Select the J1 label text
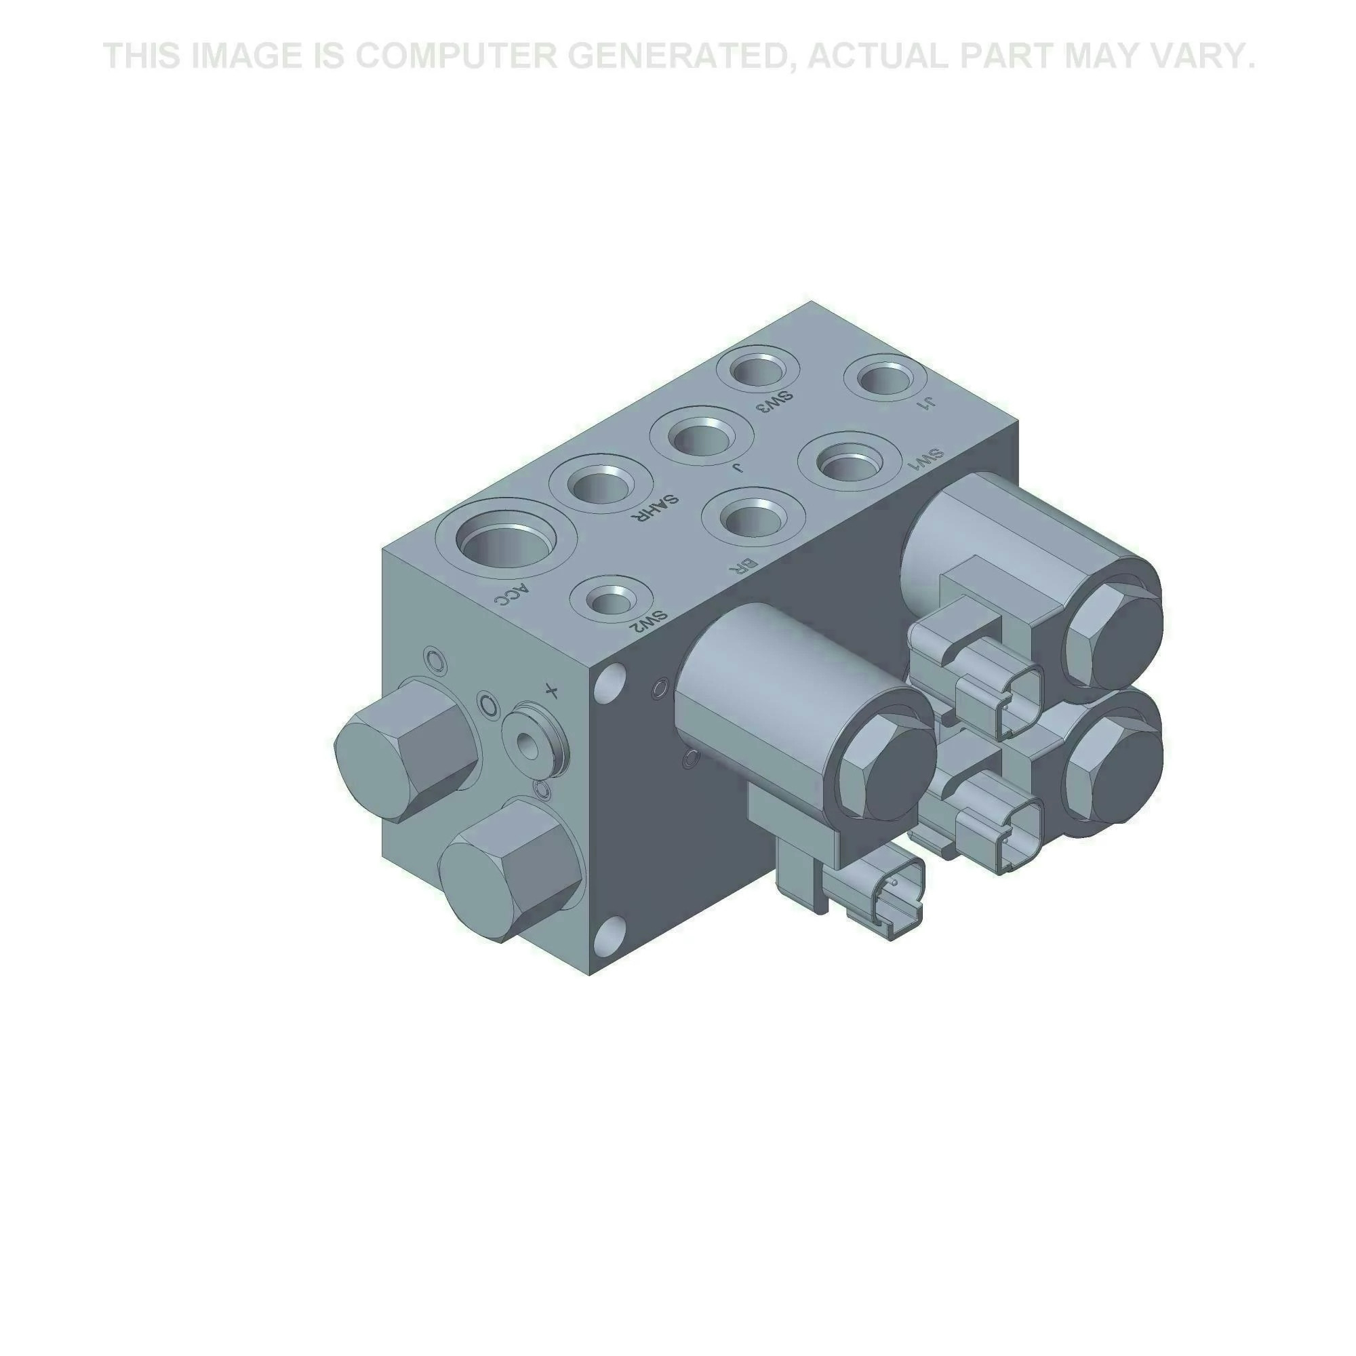(928, 401)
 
